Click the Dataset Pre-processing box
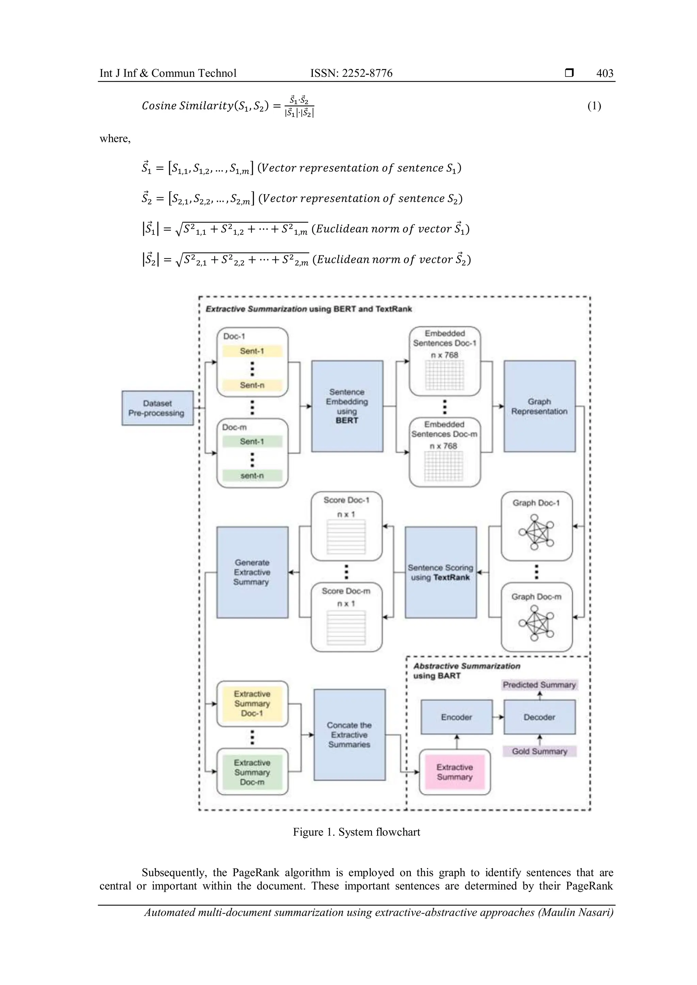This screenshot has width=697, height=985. click(157, 408)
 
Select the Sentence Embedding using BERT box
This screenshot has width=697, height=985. click(347, 406)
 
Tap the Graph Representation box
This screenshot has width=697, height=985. click(539, 406)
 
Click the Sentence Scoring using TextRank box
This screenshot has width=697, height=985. click(440, 572)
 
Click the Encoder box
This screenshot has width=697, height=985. click(456, 717)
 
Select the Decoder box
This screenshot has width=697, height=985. click(539, 717)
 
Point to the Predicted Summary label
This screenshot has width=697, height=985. click(539, 685)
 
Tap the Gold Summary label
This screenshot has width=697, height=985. click(539, 751)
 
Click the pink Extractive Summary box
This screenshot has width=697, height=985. click(454, 772)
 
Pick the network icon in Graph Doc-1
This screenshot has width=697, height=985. click(536, 532)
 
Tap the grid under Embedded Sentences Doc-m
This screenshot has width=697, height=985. click(444, 466)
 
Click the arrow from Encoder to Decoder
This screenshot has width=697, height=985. click(498, 717)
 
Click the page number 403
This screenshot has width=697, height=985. click(604, 73)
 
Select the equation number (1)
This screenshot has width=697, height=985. click(594, 106)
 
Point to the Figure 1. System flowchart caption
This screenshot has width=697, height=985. click(356, 832)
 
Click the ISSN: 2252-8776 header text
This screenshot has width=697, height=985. click(351, 73)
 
